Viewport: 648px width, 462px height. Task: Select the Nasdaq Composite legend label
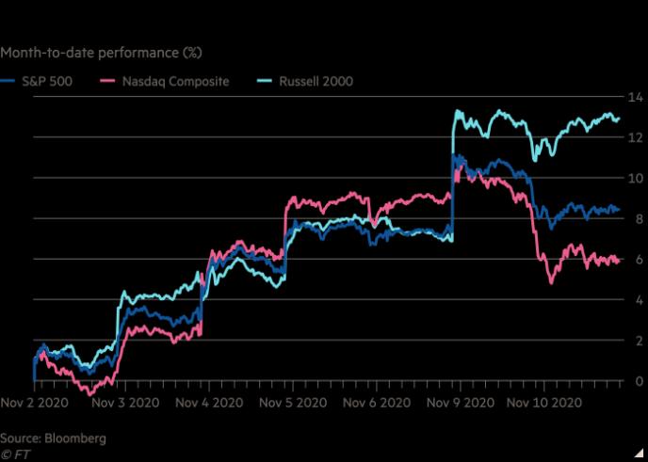tap(175, 81)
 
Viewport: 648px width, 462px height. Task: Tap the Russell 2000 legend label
tap(316, 81)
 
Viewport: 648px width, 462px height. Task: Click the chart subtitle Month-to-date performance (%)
tap(101, 53)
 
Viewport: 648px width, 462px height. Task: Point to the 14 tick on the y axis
tap(635, 98)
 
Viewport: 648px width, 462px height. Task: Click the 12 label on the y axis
tap(635, 137)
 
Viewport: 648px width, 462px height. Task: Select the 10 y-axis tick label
tap(635, 179)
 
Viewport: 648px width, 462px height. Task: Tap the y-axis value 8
tap(640, 219)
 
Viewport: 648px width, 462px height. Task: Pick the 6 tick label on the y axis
tap(640, 260)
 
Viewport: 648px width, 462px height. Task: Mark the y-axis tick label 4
tap(640, 300)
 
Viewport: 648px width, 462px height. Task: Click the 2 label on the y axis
tap(640, 341)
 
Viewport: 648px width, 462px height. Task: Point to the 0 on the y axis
tap(640, 381)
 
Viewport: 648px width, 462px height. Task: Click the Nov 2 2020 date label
tap(34, 403)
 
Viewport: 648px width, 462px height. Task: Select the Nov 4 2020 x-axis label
tap(209, 403)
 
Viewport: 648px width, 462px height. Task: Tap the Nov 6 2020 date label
tap(377, 403)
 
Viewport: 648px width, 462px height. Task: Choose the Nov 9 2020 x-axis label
tap(461, 403)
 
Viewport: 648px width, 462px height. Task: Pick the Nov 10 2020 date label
tap(544, 403)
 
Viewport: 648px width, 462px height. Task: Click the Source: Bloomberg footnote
tap(53, 438)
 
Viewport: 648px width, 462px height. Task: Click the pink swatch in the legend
tap(107, 81)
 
